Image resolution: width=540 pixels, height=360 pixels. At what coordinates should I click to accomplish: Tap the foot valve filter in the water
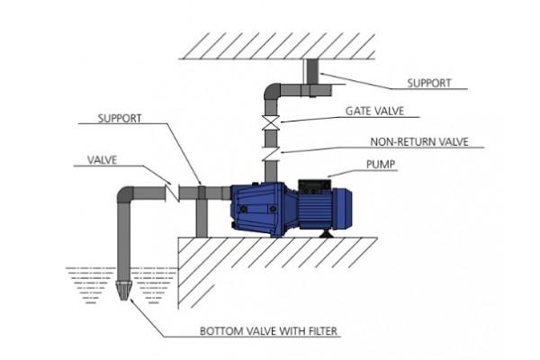click(x=122, y=292)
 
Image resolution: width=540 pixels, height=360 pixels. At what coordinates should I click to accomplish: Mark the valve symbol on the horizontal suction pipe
click(x=174, y=192)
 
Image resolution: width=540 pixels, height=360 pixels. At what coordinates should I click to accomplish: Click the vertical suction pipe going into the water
click(x=122, y=243)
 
